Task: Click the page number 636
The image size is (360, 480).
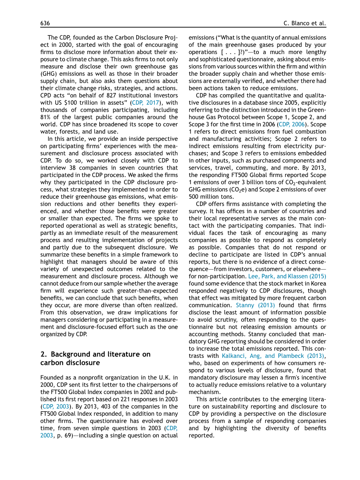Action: [x=45, y=23]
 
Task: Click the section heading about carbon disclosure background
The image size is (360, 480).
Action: [x=95, y=358]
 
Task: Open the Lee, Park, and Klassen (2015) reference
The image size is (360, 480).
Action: [x=287, y=276]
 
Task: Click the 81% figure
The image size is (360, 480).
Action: [x=46, y=117]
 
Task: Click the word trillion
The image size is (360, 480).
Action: [x=86, y=103]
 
